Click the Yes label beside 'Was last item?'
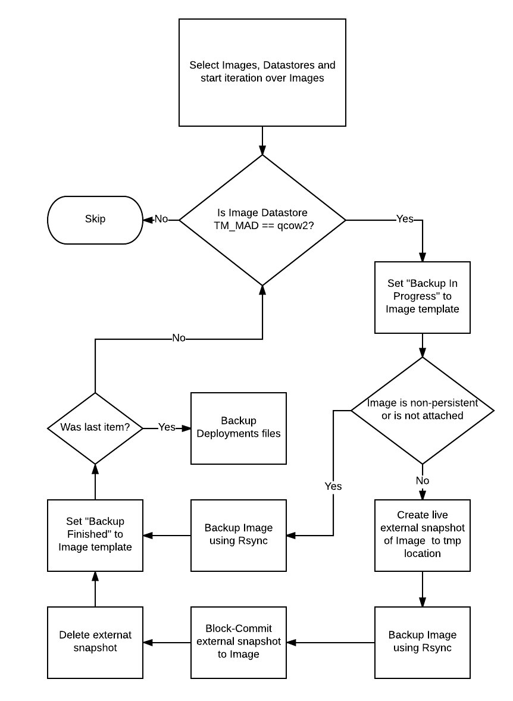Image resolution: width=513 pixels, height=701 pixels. pos(167,427)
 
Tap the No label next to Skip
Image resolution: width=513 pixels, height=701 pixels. pos(161,219)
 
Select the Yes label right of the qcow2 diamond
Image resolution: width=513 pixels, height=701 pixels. pos(405,218)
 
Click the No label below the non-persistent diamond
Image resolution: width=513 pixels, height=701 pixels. pos(422,481)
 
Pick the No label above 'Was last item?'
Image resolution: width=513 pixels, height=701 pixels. pos(179,338)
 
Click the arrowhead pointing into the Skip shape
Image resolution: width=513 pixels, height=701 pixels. pos(148,220)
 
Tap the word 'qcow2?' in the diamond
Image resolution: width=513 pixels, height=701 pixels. pos(296,226)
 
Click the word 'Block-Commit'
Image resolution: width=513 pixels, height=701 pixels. pos(239,628)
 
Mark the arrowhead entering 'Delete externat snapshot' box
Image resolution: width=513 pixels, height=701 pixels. pos(148,643)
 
